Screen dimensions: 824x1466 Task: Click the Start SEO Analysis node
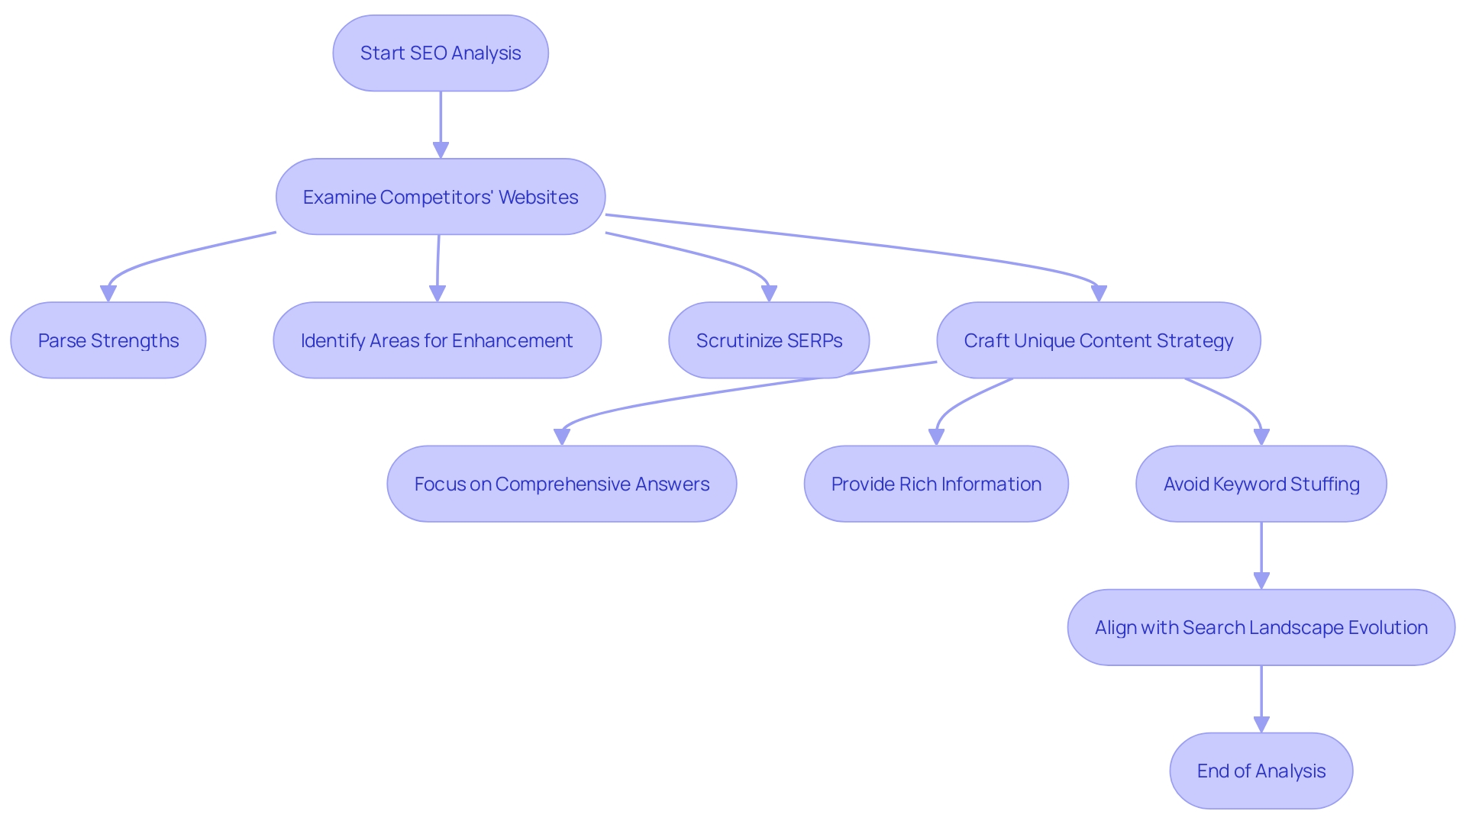(441, 53)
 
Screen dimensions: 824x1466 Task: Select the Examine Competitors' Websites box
(441, 197)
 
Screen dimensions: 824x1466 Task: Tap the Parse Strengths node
(108, 340)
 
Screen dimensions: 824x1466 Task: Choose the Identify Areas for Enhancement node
(437, 340)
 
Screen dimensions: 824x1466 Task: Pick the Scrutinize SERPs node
(769, 340)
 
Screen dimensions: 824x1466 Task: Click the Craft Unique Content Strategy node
(1098, 340)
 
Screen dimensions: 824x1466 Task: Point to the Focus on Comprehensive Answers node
(561, 484)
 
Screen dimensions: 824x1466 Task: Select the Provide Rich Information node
(936, 484)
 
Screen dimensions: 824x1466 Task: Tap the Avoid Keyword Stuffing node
(1261, 484)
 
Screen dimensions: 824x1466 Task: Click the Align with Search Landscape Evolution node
(1261, 627)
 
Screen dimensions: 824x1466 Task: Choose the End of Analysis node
(1261, 771)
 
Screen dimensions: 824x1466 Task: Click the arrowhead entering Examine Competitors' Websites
(441, 150)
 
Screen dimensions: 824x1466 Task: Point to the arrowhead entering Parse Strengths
(108, 294)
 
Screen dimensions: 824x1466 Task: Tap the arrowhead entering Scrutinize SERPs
(769, 294)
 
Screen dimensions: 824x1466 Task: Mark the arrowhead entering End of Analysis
(1261, 724)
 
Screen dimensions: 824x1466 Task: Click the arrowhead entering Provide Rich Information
(936, 437)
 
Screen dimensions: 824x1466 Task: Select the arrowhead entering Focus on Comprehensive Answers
(562, 437)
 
